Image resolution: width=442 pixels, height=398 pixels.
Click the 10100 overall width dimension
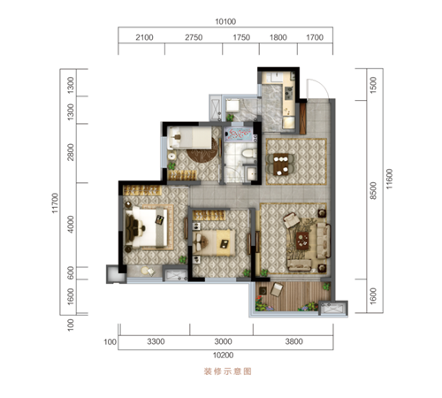(x=225, y=21)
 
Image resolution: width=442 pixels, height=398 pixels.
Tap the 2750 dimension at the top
(x=194, y=37)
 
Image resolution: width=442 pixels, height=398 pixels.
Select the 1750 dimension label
(x=241, y=37)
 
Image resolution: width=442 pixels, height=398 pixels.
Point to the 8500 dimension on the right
(x=373, y=190)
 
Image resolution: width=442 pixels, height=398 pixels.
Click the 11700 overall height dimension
(x=55, y=203)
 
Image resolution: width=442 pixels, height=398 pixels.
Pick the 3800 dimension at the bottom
(x=293, y=341)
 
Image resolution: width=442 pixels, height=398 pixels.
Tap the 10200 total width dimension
(x=223, y=356)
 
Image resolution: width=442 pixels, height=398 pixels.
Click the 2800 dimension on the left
(x=71, y=152)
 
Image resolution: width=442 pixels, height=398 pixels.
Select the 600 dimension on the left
(x=71, y=272)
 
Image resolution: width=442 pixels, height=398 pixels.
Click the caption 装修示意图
(x=227, y=371)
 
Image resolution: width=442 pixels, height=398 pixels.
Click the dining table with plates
(x=280, y=165)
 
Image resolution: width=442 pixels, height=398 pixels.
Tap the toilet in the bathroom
(x=249, y=154)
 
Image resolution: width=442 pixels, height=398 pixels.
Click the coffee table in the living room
(x=302, y=241)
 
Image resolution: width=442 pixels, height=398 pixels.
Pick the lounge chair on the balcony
(x=276, y=289)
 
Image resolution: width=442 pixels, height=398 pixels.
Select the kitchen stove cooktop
(x=288, y=92)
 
